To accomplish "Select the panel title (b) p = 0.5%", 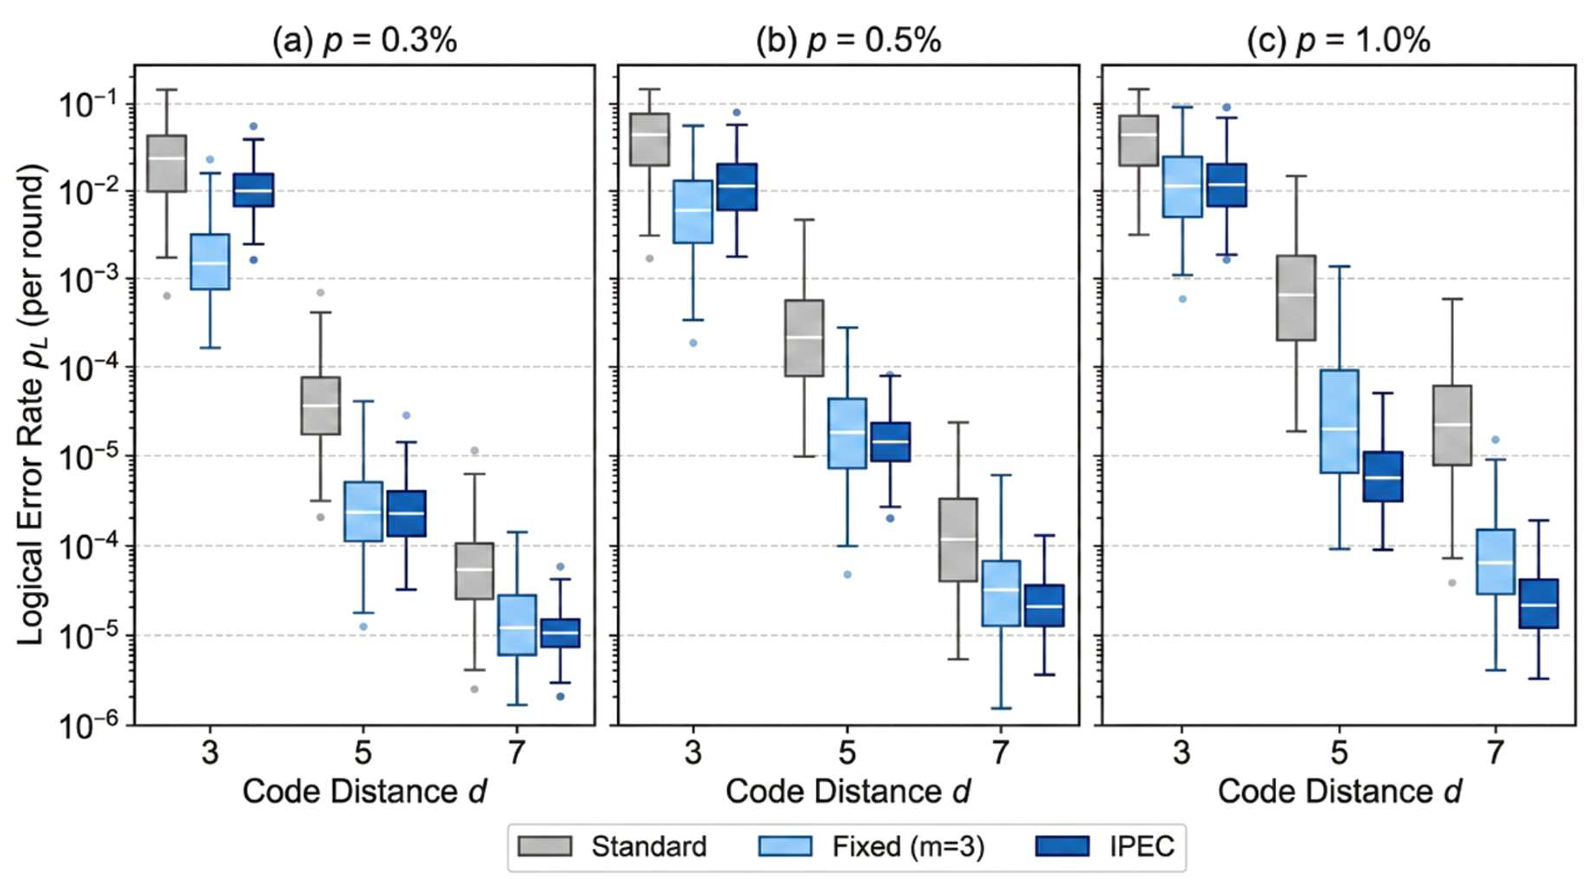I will (848, 41).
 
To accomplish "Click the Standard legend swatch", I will (545, 846).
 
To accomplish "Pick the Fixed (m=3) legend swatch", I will (785, 846).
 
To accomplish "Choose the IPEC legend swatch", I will (1062, 846).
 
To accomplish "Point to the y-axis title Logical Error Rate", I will (31, 404).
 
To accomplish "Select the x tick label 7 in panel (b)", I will (1001, 753).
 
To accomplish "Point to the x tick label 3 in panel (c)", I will (1182, 753).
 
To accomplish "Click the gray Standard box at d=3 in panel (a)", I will (167, 163).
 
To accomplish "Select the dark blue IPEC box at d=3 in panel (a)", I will (254, 190).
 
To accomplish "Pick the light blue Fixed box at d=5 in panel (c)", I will (1339, 421).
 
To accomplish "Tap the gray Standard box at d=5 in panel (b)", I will (804, 338).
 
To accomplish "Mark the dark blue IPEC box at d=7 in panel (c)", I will (1538, 603).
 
